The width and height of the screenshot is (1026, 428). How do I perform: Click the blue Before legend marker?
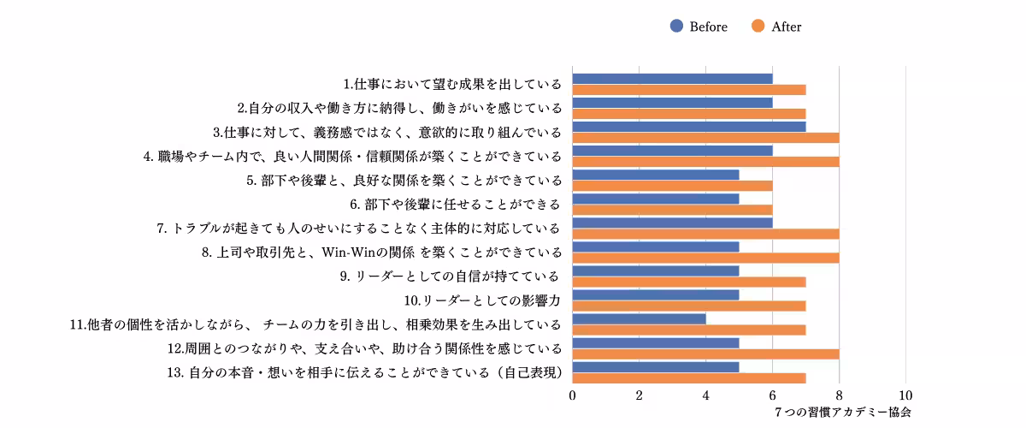pos(676,27)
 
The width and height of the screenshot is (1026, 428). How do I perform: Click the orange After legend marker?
pos(758,27)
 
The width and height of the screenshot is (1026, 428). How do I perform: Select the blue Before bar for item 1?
pos(672,79)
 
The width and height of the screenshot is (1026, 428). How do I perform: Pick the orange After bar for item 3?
pos(705,138)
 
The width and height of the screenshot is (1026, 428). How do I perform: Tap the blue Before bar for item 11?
pos(639,318)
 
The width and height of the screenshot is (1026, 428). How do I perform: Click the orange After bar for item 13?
pos(688,377)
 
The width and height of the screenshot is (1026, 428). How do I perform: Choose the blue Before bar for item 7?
pos(672,223)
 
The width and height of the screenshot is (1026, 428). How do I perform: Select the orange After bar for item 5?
pos(672,186)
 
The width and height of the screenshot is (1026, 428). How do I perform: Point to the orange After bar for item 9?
pos(688,282)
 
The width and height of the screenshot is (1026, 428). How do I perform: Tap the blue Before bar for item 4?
pos(672,151)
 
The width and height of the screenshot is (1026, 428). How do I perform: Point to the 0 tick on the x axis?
pos(572,395)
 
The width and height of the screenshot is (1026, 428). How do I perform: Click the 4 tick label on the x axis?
pos(705,395)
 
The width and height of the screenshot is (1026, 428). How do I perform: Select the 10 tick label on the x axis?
pos(906,395)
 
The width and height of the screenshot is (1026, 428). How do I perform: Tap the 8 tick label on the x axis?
pos(839,395)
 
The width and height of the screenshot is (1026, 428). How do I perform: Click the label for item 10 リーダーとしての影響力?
pos(482,300)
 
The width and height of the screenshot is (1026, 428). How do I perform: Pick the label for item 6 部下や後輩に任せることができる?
pos(455,205)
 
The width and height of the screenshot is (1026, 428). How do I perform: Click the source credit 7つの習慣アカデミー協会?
pos(842,413)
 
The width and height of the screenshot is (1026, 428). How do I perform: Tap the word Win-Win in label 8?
pos(346,253)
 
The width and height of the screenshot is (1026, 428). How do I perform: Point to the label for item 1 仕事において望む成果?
pos(452,84)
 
